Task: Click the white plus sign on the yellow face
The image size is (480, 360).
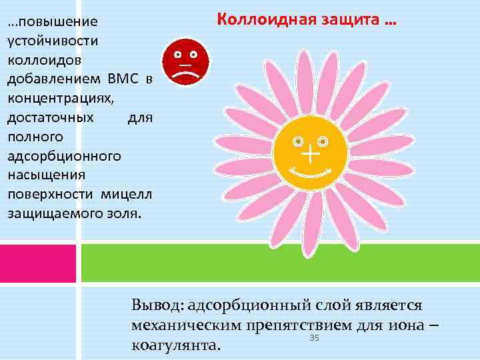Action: pyautogui.click(x=311, y=156)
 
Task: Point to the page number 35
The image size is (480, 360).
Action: pyautogui.click(x=315, y=339)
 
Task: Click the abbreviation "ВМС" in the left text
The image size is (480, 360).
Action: pyautogui.click(x=122, y=79)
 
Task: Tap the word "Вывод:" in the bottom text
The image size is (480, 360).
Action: pyautogui.click(x=158, y=305)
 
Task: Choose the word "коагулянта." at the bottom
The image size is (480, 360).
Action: pyautogui.click(x=176, y=346)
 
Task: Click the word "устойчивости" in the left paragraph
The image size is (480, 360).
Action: pyautogui.click(x=53, y=41)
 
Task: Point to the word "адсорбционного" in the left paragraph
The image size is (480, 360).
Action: pyautogui.click(x=64, y=157)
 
